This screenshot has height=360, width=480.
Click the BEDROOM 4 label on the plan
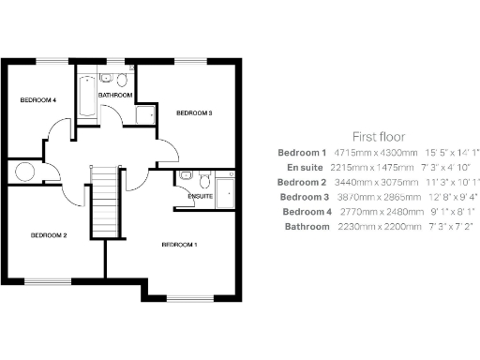pyautogui.click(x=38, y=99)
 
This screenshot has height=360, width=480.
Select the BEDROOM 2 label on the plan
pyautogui.click(x=48, y=234)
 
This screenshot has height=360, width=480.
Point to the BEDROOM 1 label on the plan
pyautogui.click(x=180, y=245)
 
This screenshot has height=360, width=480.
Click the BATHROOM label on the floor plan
pyautogui.click(x=114, y=94)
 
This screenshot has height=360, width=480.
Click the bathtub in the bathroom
pyautogui.click(x=83, y=97)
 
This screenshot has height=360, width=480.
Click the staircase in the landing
pyautogui.click(x=106, y=202)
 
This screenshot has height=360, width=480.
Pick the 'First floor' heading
pyautogui.click(x=377, y=135)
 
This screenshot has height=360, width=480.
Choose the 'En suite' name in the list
pyautogui.click(x=306, y=166)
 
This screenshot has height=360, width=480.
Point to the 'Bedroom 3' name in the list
pyautogui.click(x=303, y=196)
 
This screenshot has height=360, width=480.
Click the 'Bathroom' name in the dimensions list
pyautogui.click(x=307, y=226)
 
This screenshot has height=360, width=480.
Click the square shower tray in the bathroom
pyautogui.click(x=146, y=114)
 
